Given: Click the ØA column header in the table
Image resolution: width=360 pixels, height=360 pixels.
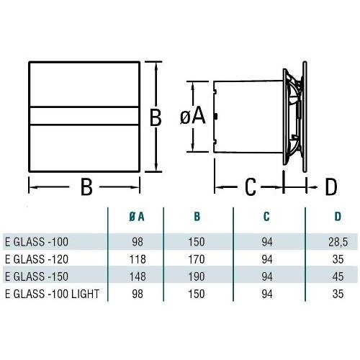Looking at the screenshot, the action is [x=137, y=217].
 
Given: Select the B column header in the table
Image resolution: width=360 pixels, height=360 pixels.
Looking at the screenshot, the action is [x=197, y=217].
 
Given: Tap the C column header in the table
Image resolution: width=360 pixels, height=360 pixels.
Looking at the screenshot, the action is [x=266, y=217].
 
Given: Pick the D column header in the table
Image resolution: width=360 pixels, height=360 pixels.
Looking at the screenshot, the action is [x=338, y=217].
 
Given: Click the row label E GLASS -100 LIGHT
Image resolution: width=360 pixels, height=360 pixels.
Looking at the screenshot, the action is [x=53, y=294].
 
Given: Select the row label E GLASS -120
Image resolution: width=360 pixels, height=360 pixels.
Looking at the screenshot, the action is [x=37, y=259].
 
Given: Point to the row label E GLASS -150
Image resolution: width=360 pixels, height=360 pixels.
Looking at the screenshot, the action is [x=37, y=276].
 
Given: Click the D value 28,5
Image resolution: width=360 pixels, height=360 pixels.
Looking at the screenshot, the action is [x=338, y=242].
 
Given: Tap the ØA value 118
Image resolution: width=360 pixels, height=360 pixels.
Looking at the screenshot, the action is [x=138, y=259].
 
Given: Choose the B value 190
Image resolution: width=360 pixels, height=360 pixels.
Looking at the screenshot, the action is [x=197, y=276].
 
